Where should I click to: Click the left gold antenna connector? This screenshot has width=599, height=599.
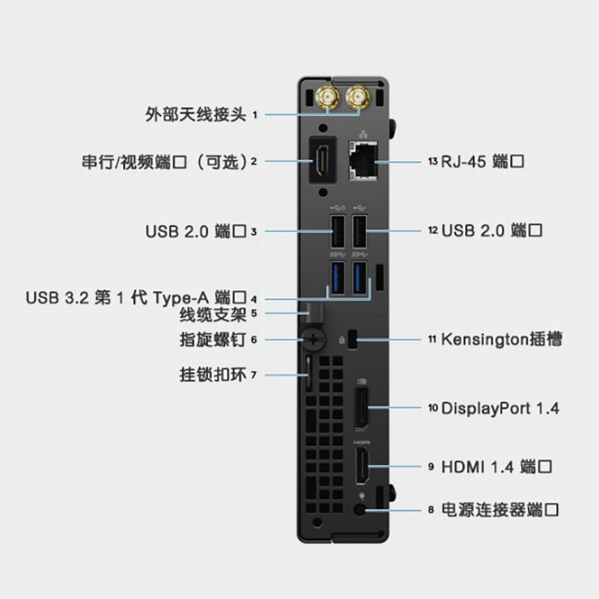[329, 97]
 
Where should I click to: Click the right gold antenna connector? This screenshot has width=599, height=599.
[358, 97]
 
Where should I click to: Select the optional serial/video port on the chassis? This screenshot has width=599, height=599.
[324, 159]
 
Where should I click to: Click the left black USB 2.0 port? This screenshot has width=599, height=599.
[336, 231]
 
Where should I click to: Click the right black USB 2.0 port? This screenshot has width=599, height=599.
[360, 231]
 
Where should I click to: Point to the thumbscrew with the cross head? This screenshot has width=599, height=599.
[314, 339]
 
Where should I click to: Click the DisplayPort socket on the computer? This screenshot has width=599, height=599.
[361, 407]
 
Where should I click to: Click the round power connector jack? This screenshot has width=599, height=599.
[363, 510]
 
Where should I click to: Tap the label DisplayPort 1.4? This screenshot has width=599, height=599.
[500, 408]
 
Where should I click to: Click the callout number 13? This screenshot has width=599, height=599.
[432, 161]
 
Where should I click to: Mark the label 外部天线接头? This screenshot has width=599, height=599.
[195, 115]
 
